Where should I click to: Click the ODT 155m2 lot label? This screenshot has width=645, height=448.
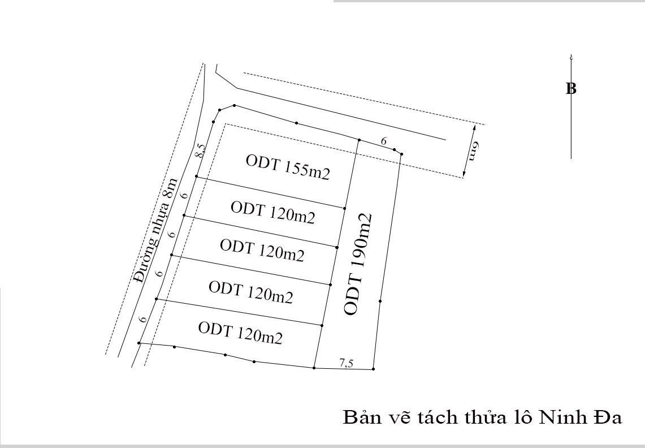click(288, 167)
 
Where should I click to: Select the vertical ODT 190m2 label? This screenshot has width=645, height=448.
click(357, 264)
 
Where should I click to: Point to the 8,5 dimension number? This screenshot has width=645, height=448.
click(200, 150)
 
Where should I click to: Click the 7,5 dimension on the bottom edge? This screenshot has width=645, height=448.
click(346, 363)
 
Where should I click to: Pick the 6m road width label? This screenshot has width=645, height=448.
click(474, 151)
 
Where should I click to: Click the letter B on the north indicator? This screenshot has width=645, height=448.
click(571, 89)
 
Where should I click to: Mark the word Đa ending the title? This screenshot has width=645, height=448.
click(608, 417)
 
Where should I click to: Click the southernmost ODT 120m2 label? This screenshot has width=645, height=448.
click(240, 333)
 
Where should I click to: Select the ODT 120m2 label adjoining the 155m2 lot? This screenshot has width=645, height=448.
click(272, 213)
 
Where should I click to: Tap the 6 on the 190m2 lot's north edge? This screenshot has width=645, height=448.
click(383, 141)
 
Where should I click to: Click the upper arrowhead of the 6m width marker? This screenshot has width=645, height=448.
click(474, 128)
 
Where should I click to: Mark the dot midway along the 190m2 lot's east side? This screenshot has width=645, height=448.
click(380, 301)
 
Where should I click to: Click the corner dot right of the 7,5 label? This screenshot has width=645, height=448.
click(373, 369)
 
